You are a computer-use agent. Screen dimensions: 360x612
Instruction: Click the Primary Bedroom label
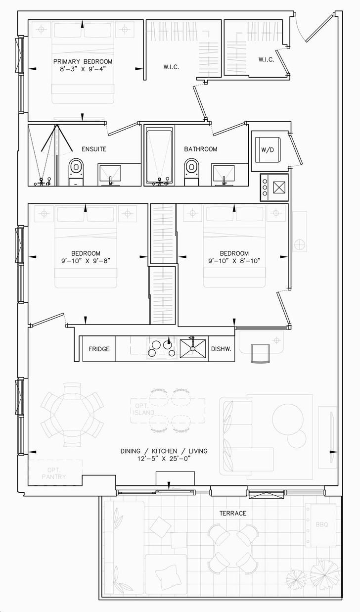point(83,61)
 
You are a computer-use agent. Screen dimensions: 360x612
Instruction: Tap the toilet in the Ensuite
point(76,172)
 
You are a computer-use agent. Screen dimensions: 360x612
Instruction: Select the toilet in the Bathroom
point(191,172)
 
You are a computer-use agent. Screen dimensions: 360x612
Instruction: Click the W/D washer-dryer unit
point(268,149)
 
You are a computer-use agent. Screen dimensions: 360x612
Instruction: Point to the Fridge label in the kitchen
point(99,349)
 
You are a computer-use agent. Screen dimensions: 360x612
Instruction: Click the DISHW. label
point(221,349)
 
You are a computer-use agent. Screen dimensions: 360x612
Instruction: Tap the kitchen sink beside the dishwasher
point(193,348)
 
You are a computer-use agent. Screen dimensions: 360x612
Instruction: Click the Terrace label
point(233,514)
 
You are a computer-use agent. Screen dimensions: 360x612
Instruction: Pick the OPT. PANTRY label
point(53,473)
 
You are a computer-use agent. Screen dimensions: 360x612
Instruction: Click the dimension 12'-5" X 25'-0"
point(164,459)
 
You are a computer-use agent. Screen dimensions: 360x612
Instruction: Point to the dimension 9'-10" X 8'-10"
point(234,261)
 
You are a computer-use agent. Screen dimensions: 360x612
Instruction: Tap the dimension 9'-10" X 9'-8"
point(86,261)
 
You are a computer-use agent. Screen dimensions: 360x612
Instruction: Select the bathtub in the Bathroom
point(159,156)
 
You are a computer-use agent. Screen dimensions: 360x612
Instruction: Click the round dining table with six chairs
point(72,415)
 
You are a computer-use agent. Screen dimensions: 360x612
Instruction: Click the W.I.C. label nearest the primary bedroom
point(171,67)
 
